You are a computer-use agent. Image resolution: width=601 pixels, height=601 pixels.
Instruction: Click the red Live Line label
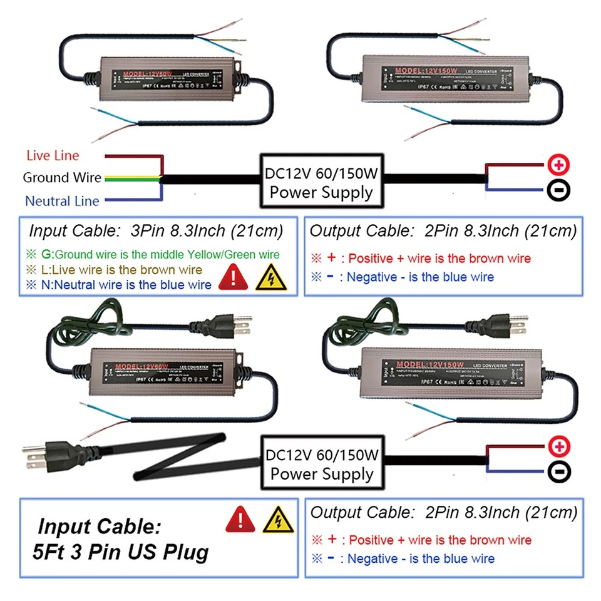coord(53,155)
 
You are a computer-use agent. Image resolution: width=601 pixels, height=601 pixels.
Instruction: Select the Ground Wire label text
coord(61,178)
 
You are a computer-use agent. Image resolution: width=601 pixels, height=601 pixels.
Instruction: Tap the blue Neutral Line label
coord(61,201)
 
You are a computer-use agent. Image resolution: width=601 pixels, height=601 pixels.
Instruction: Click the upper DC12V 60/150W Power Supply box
coord(321,182)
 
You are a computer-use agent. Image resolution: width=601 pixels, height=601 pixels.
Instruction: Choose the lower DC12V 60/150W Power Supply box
coord(321,463)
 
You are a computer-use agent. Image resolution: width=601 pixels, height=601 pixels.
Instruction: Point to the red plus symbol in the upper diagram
coord(558,165)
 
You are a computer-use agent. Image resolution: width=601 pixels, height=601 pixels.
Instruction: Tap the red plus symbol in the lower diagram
coord(558,447)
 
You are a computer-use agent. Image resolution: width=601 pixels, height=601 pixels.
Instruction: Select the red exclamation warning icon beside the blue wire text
coord(235,278)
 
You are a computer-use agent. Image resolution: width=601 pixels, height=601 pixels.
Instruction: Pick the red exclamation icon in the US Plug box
coord(237,520)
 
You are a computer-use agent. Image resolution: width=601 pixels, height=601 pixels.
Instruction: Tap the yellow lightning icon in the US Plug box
coord(272,520)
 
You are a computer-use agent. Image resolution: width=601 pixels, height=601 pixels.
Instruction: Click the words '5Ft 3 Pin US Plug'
coord(120,553)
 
